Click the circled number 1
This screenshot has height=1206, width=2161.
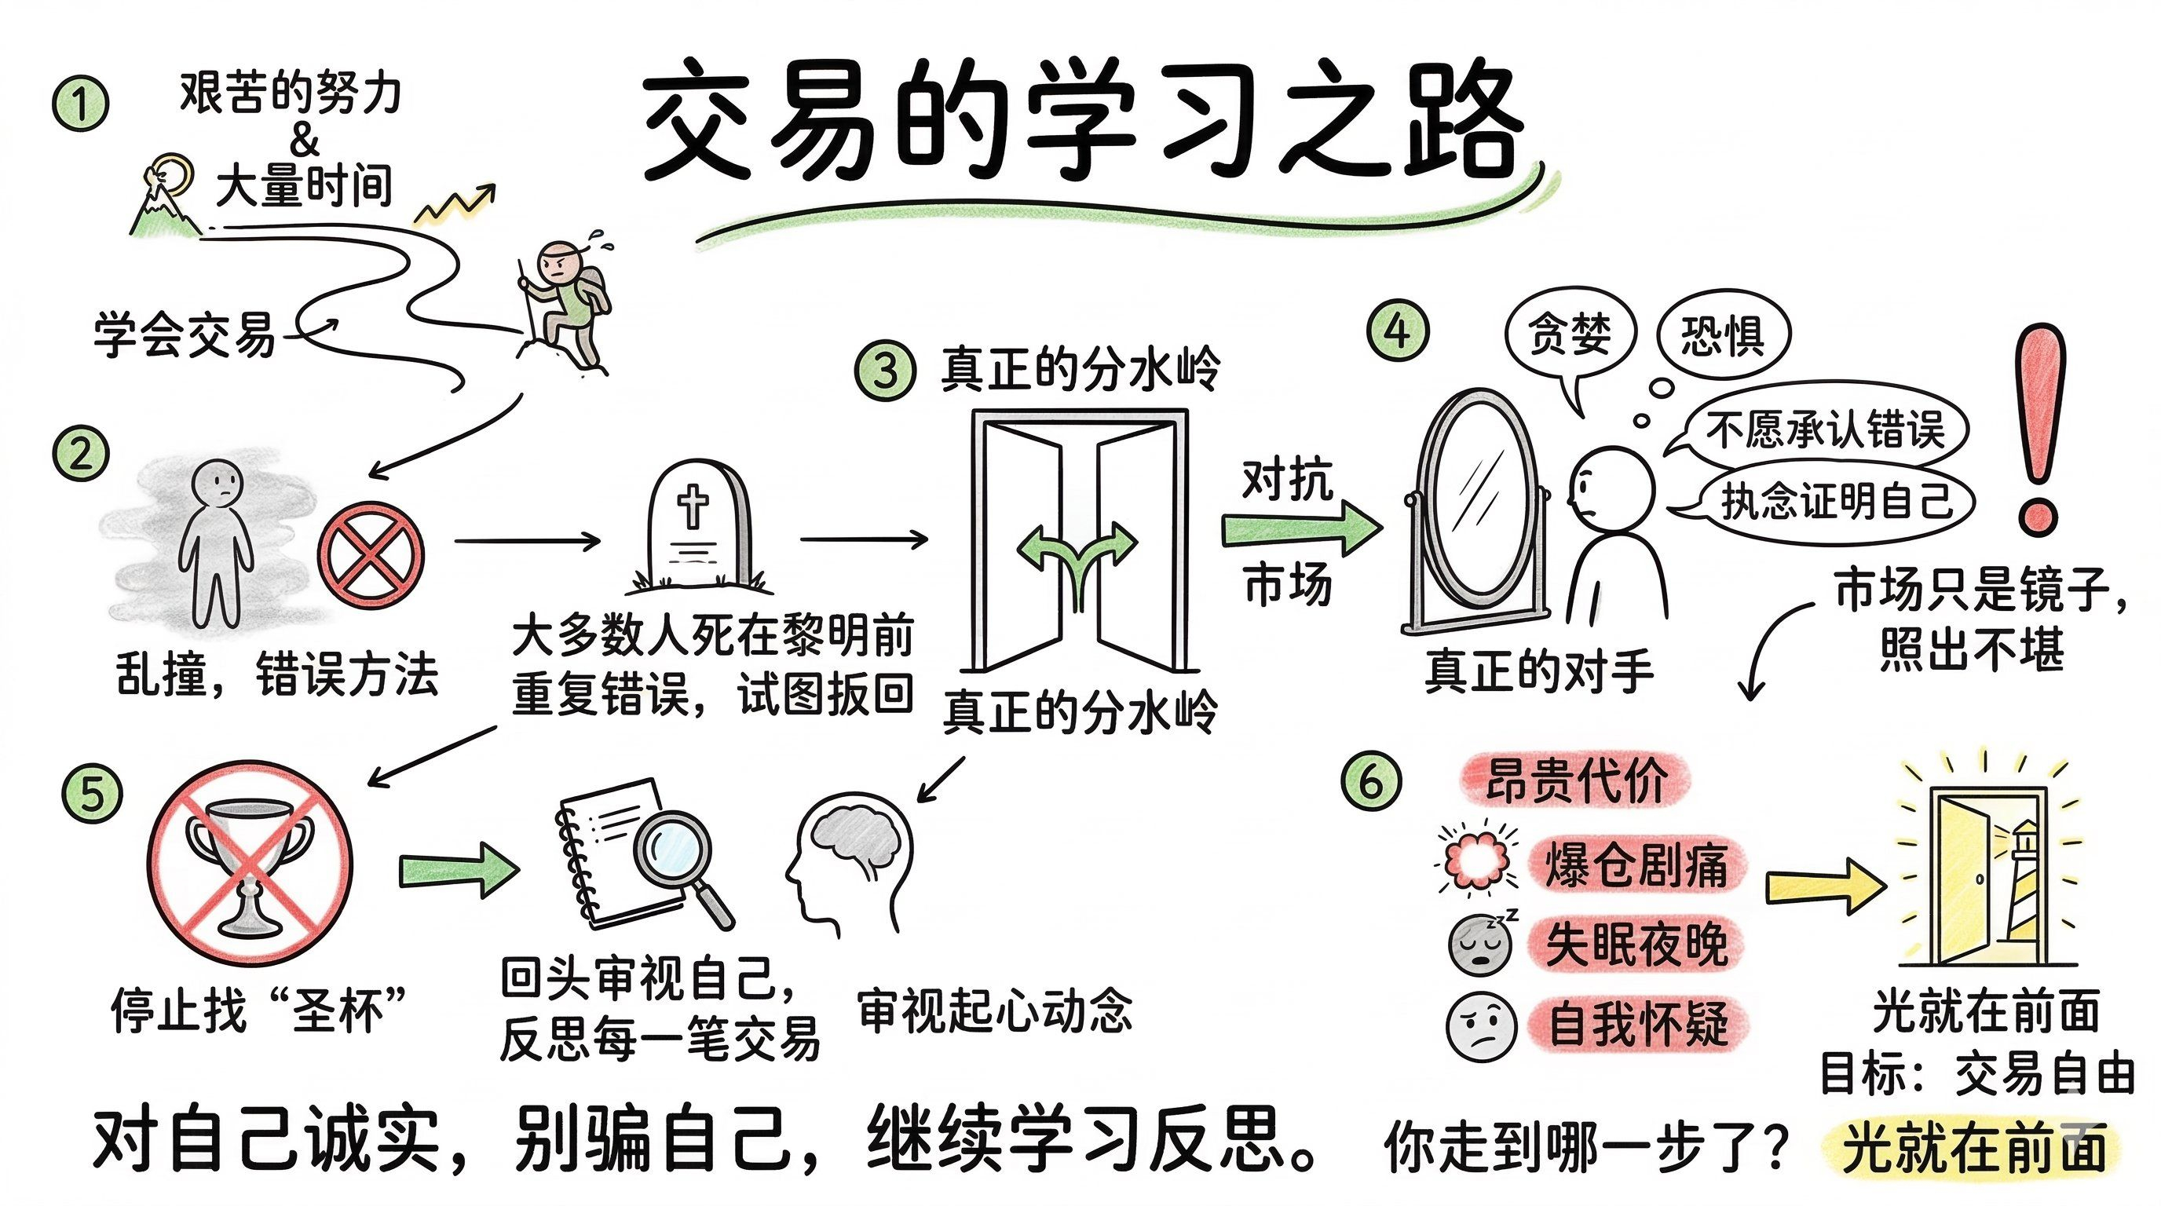point(82,104)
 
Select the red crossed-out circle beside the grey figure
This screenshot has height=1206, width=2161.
point(371,555)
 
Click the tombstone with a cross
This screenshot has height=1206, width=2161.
point(697,524)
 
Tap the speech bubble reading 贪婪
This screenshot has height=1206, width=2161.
point(1570,335)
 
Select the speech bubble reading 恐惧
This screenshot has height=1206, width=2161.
point(1723,335)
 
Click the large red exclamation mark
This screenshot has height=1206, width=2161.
point(2039,428)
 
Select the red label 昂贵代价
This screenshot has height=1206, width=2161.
point(1575,780)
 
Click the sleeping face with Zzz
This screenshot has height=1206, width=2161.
point(1482,944)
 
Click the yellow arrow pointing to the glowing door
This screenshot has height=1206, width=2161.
point(1825,885)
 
